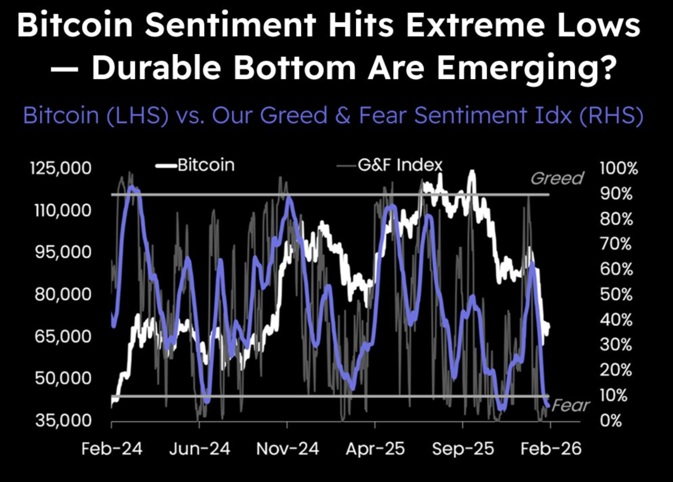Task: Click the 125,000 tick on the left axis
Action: tap(61, 168)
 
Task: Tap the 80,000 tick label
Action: tap(63, 294)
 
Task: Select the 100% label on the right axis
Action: tap(618, 169)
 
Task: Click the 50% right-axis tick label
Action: tap(616, 294)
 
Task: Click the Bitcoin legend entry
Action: tap(206, 165)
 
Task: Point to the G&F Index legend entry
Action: tap(400, 165)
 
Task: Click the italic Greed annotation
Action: tap(557, 179)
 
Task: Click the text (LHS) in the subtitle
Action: tap(137, 115)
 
